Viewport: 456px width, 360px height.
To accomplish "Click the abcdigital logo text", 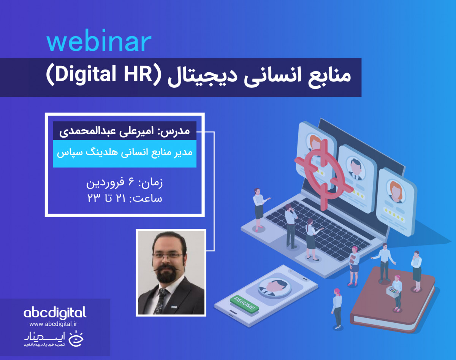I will [x=55, y=313].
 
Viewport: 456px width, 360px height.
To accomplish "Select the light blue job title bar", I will [x=125, y=154].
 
